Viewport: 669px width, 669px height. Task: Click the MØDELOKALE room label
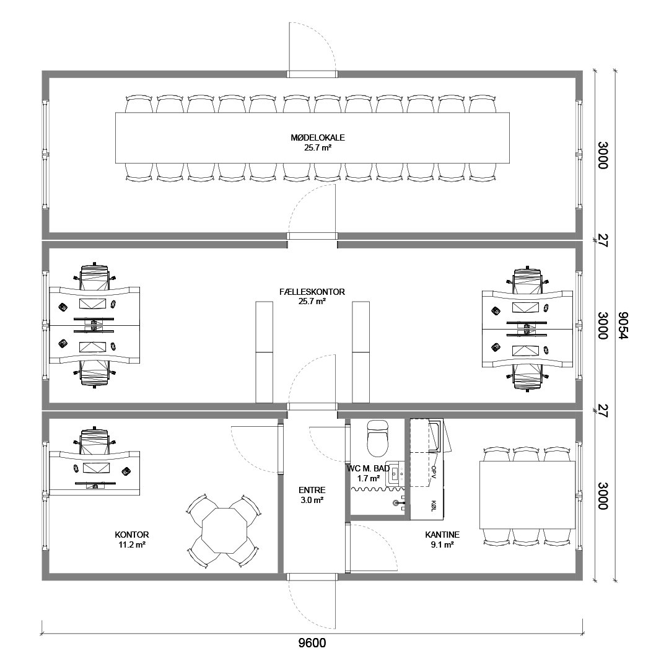(x=317, y=138)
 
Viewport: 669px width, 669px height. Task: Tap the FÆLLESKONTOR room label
(x=312, y=292)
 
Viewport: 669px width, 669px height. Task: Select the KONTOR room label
(x=132, y=535)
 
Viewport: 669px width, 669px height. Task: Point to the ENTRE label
(x=312, y=490)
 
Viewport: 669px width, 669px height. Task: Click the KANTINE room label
(x=442, y=535)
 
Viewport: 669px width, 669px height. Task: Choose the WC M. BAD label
(x=368, y=468)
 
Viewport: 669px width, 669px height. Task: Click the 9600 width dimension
(x=312, y=643)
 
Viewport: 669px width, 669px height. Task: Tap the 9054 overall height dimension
(x=623, y=326)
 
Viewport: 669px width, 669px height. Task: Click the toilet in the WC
(x=378, y=438)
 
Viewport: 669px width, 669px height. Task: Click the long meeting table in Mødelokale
(x=312, y=138)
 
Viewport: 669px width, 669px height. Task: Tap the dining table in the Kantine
(x=527, y=495)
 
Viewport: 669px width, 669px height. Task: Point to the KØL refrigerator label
(x=434, y=505)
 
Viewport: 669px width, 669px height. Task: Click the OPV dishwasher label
(x=434, y=472)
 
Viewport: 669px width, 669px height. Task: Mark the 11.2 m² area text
(x=133, y=544)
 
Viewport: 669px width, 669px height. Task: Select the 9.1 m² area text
(x=442, y=544)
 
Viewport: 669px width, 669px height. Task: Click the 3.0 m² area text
(x=312, y=500)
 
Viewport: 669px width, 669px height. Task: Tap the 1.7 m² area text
(x=369, y=478)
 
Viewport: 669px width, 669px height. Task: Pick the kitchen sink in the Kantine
(x=437, y=435)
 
